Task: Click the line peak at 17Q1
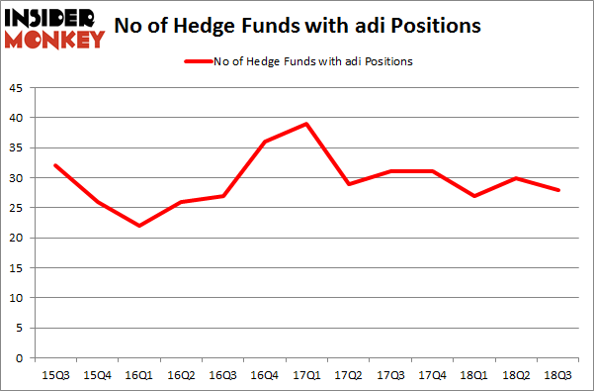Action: (307, 124)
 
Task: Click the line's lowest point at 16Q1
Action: (139, 226)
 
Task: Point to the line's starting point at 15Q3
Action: (55, 165)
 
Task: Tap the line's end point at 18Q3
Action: (559, 190)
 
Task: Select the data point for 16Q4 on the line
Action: (266, 142)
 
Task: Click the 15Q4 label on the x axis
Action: (98, 375)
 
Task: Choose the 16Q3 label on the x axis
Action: (223, 375)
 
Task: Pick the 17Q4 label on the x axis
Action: (433, 375)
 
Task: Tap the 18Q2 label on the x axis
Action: (517, 375)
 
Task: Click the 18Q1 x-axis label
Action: (475, 375)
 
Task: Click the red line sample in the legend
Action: (198, 61)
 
